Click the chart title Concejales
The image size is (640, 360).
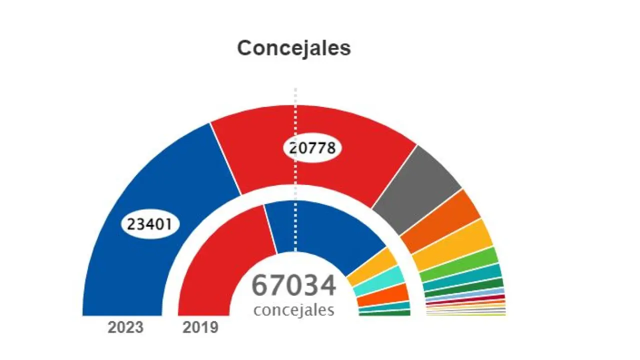[x=294, y=48]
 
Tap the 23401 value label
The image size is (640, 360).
[x=149, y=224]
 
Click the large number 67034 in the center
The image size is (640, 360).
[x=293, y=286]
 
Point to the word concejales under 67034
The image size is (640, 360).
[x=293, y=310]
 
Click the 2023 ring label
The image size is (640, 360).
[x=125, y=328]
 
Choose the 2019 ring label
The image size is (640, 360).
[x=200, y=328]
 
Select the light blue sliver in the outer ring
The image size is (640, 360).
[x=465, y=294]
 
